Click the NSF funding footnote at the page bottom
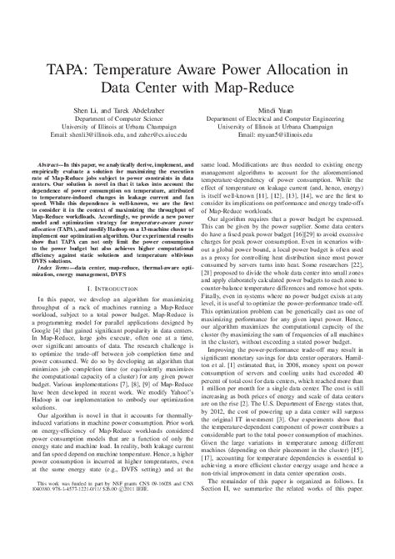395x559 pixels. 112,535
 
